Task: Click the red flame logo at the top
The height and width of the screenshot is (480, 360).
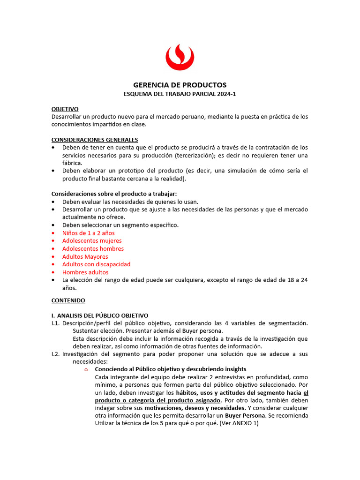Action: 180,57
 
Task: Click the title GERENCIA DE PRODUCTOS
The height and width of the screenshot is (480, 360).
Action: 180,85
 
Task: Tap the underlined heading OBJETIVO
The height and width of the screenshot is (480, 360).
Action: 65,109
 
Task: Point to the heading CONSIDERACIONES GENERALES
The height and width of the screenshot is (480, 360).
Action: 94,140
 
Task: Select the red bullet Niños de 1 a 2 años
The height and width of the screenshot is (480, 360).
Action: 88,233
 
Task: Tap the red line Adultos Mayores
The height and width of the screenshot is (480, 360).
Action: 85,256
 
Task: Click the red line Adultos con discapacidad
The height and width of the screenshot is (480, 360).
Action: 96,264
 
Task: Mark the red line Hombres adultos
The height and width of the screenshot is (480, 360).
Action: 85,272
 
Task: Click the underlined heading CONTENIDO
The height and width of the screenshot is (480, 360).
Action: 68,300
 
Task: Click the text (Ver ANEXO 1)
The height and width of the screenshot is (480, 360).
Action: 239,423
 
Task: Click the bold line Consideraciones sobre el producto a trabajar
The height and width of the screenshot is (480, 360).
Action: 114,194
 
